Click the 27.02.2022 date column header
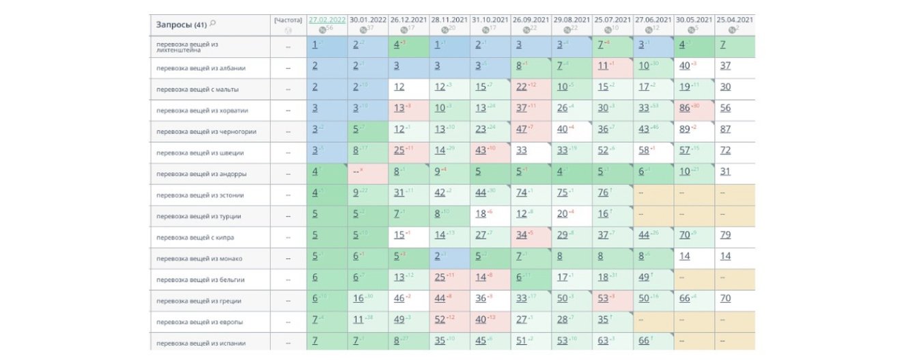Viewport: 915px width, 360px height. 326,20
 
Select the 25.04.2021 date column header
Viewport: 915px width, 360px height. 734,20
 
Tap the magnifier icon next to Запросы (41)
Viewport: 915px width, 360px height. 212,24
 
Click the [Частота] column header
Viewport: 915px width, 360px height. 287,20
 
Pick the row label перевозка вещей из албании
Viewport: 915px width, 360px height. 201,68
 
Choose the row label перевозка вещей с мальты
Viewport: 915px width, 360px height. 197,89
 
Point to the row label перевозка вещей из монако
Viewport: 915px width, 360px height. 199,259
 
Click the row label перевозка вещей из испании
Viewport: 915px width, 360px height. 201,343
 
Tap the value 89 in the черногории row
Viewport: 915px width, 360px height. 684,129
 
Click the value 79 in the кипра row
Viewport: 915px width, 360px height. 725,235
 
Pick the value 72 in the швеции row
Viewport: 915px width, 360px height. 725,150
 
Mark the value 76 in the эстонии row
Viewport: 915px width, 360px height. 602,193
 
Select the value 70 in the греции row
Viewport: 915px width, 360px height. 725,299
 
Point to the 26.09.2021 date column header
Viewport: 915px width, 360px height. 531,20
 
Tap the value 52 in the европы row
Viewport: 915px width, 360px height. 439,320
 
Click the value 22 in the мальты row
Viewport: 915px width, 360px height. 521,87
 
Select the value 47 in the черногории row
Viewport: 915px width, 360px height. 521,129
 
